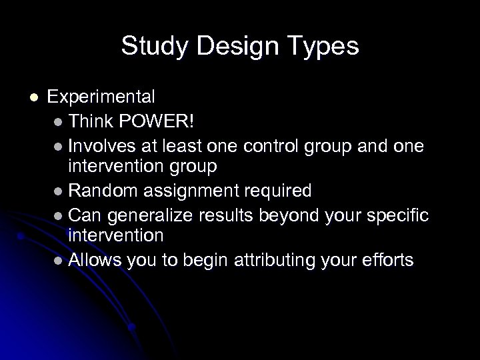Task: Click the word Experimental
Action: coord(102,97)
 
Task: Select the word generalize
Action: coord(143,215)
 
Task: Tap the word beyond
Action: coord(276,215)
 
